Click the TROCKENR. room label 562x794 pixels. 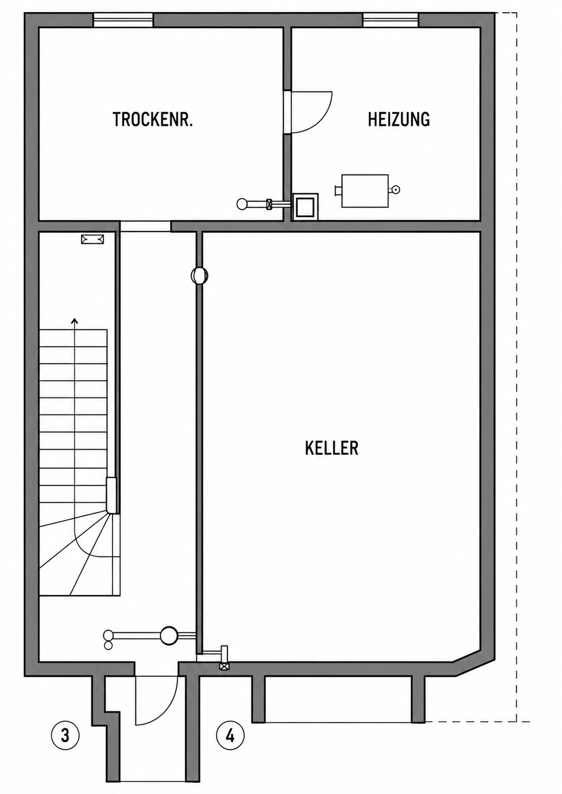tap(153, 119)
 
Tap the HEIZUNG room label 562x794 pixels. tap(398, 119)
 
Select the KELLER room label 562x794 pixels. tap(331, 448)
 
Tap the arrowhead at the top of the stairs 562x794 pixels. tap(75, 321)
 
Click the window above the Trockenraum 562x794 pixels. tap(123, 20)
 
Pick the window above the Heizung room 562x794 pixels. tap(390, 20)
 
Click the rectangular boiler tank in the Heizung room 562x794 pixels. tap(365, 191)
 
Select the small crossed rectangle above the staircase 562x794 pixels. tap(93, 239)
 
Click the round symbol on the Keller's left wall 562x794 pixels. tap(199, 275)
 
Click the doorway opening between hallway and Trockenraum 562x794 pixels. tap(145, 226)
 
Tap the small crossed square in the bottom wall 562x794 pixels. tap(224, 667)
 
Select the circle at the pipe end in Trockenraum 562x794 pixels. tap(242, 204)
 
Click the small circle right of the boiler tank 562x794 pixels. tap(396, 190)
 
